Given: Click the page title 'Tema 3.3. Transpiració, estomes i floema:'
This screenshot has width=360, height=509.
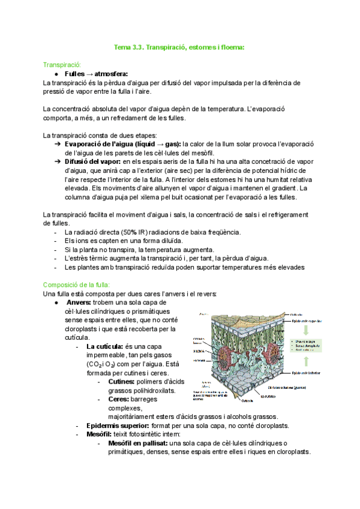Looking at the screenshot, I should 179,46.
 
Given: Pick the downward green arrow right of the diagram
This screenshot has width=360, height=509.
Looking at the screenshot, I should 307,331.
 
